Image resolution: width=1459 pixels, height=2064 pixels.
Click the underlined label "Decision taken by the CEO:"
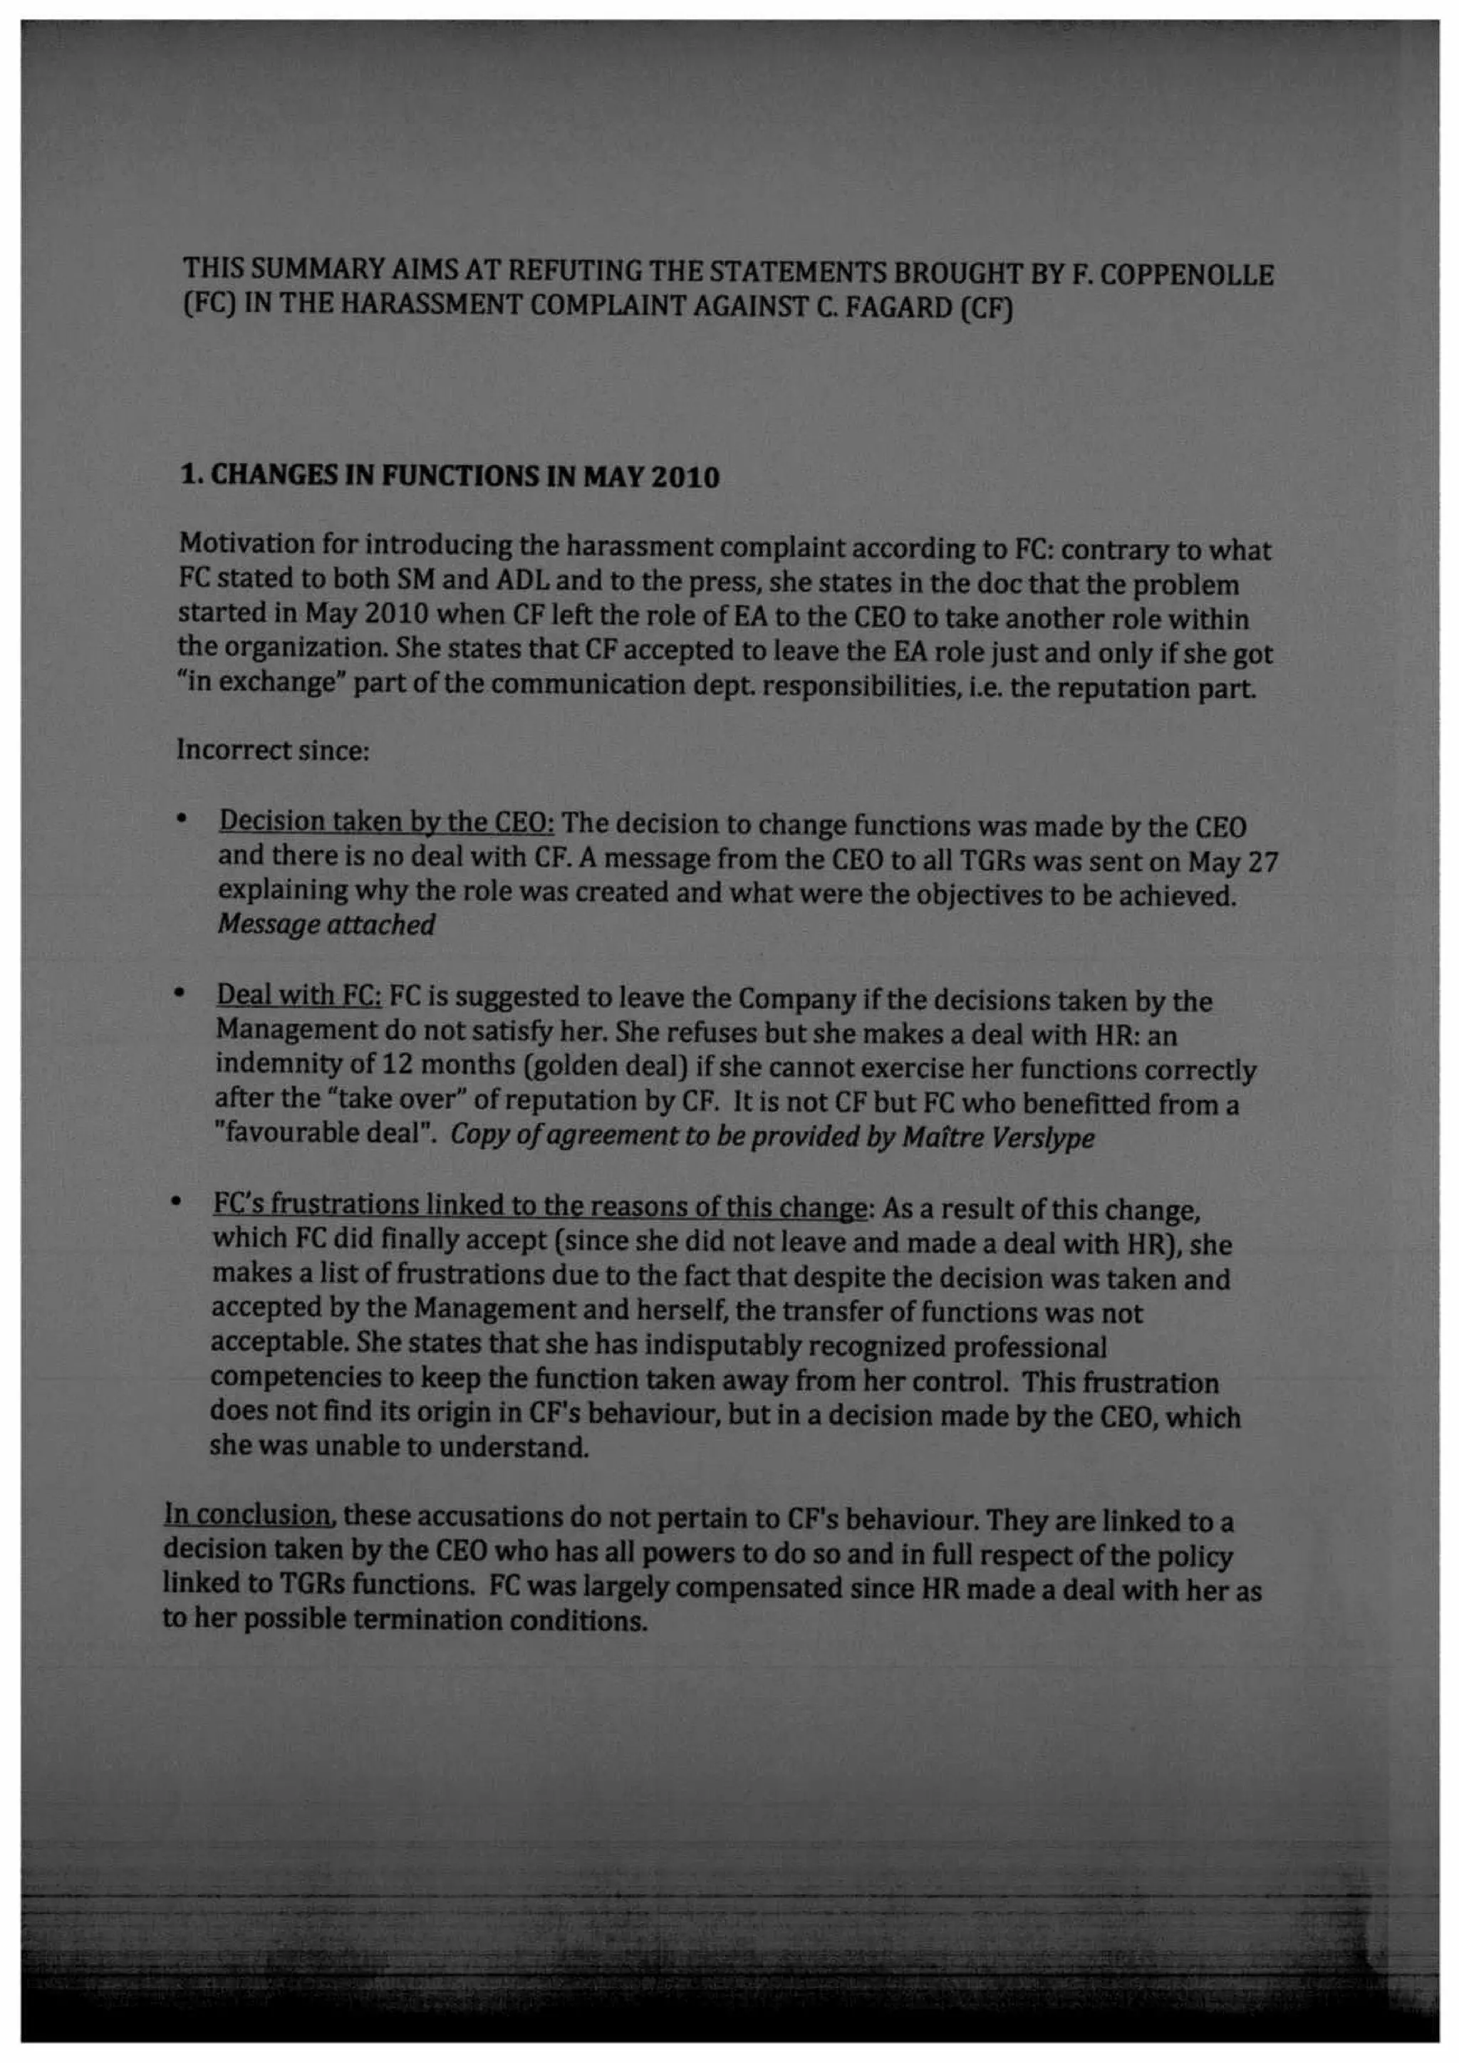[387, 822]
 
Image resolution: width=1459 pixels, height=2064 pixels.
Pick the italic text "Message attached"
[326, 924]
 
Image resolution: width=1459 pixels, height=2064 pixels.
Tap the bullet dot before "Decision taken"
[182, 819]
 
